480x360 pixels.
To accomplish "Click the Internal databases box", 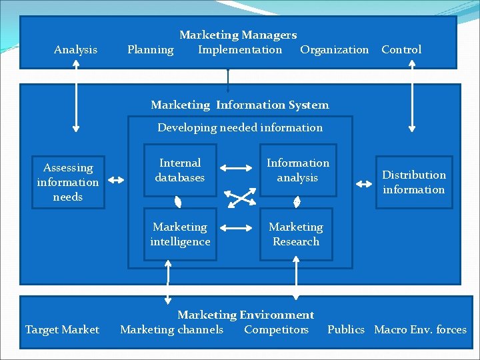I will pos(180,171).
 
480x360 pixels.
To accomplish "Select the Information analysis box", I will pos(298,171).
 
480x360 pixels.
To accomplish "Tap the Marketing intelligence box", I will pos(180,235).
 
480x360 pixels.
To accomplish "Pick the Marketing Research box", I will pos(296,235).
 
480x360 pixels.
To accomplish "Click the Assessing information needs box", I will pos(68,182).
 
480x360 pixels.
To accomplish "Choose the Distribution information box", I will pos(414,182).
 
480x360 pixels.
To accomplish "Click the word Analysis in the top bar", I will pos(75,50).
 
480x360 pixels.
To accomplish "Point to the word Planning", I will pos(150,50).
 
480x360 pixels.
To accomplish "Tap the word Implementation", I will pos(240,50).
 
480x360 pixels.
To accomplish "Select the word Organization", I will pos(334,50).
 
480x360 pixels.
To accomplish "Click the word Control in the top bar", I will pos(401,50).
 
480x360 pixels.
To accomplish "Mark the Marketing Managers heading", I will pos(238,35).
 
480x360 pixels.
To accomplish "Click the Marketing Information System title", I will pos(240,105).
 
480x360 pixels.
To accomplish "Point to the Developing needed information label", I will pos(240,127).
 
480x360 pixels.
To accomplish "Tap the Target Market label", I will pos(62,330).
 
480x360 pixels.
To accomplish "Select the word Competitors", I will pos(276,330).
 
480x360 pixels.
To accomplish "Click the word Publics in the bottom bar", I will pos(346,330).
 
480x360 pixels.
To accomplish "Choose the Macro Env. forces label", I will pos(420,330).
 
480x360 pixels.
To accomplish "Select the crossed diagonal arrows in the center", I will pos(239,197).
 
